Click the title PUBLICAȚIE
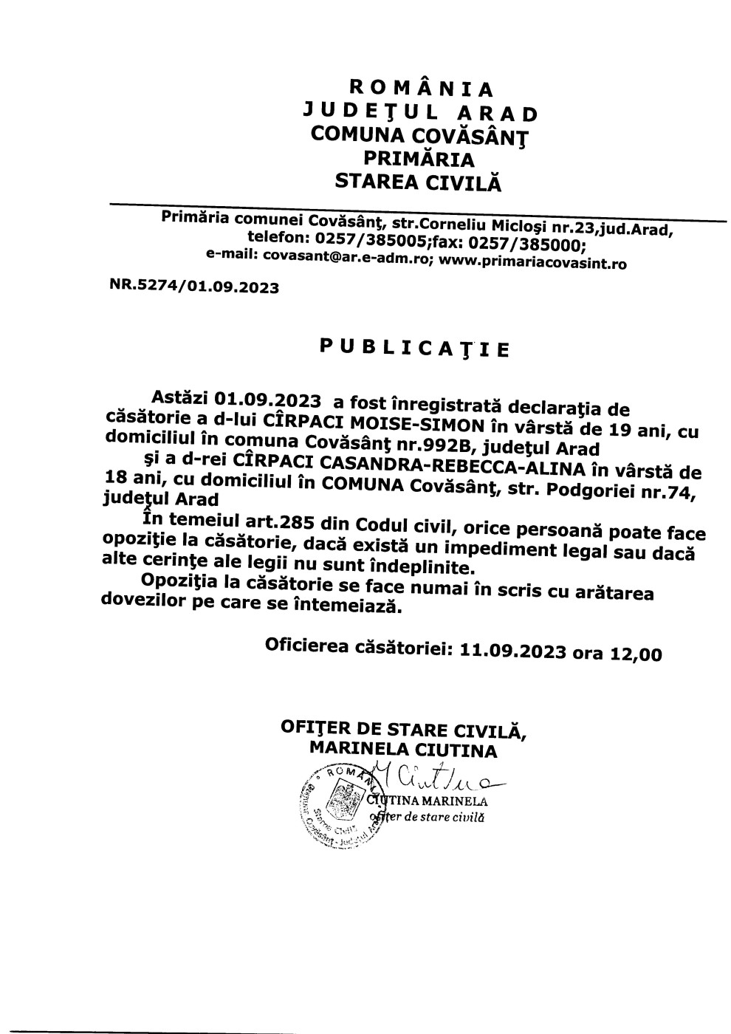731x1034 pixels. tap(414, 346)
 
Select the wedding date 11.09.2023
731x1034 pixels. tap(512, 650)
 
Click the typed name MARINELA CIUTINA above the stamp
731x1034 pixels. tap(403, 750)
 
